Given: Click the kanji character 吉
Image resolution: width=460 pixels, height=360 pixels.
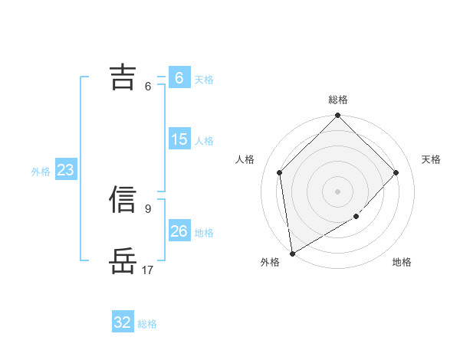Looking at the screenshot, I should tap(123, 77).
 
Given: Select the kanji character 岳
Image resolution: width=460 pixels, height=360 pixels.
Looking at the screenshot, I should tap(123, 260).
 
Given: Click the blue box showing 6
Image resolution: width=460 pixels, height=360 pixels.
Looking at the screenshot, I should tap(179, 78).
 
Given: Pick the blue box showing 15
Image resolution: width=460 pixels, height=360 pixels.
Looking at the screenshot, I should tap(179, 139).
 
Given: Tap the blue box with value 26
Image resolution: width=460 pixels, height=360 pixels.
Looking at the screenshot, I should tap(179, 231).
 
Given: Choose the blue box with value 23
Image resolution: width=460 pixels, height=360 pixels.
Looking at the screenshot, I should tap(65, 170).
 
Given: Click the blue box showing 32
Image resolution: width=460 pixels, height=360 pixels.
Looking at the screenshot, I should tap(123, 322).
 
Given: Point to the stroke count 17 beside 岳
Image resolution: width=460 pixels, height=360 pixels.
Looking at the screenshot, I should tap(147, 270).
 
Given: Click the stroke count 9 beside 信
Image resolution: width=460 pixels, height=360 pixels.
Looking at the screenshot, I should tap(147, 208).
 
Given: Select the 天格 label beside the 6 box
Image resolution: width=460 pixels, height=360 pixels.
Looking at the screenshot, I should tap(204, 80).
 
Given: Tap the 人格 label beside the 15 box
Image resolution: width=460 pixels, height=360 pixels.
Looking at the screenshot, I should tap(204, 141).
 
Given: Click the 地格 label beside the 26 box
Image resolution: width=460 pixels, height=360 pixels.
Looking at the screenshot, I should tap(204, 232).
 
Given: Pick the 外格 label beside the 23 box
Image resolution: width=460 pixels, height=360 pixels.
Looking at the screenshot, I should tap(41, 172).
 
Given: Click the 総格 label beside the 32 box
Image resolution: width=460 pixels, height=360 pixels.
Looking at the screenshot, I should tap(147, 324).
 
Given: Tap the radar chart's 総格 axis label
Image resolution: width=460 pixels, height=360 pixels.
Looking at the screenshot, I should tap(338, 100).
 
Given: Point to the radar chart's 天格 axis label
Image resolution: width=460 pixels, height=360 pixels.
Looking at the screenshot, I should tap(432, 159).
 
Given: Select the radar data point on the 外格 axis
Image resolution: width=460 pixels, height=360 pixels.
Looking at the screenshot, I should tap(292, 254).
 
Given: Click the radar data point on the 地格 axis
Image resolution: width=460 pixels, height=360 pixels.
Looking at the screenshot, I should tap(356, 218).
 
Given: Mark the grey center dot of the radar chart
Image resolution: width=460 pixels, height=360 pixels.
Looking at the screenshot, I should tap(338, 191).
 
